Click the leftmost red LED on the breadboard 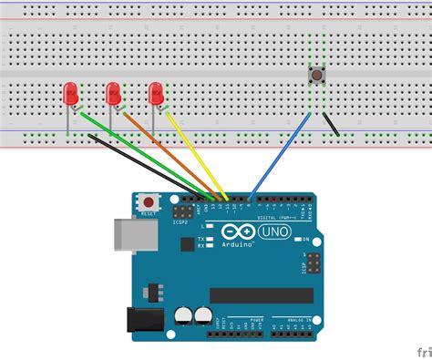[70, 92]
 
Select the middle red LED [114, 92]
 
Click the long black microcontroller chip [260, 294]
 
